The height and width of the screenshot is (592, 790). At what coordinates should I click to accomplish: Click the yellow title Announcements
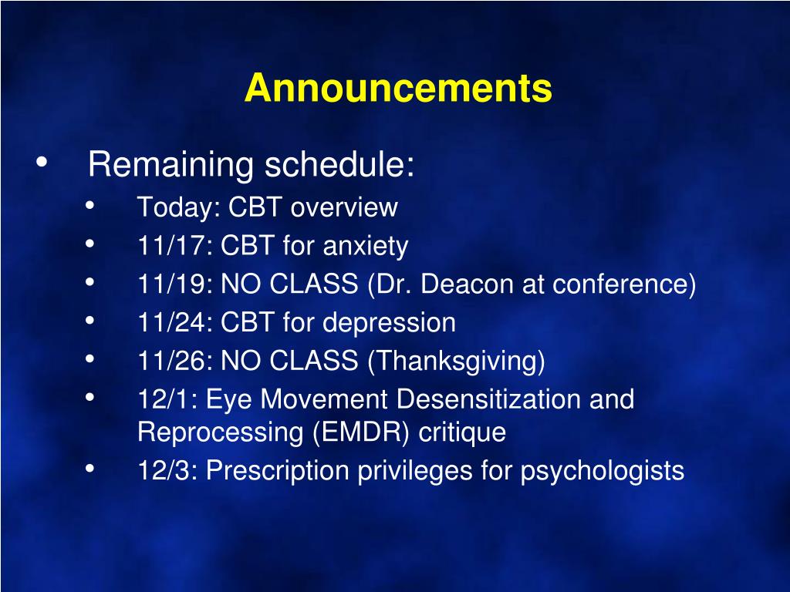click(x=398, y=88)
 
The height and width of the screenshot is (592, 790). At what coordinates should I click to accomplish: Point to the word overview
click(x=344, y=207)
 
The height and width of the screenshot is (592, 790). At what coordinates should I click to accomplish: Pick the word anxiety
click(x=365, y=247)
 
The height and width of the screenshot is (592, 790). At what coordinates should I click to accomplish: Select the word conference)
click(x=624, y=284)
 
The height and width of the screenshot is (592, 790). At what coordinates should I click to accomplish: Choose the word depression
click(x=389, y=323)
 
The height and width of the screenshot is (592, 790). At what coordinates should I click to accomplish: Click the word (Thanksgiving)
click(x=457, y=362)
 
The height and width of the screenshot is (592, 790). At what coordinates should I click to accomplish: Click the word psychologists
click(x=602, y=472)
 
